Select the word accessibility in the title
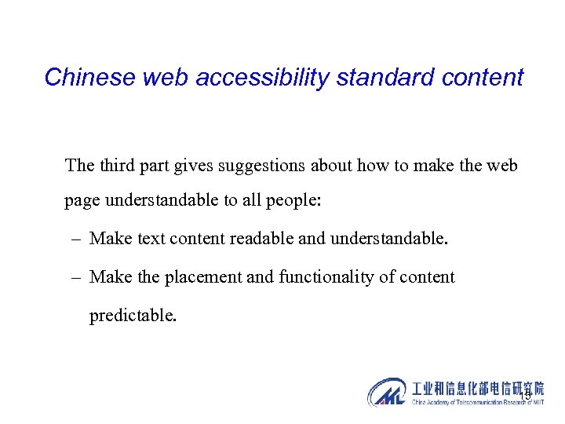(x=238, y=78)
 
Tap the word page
(x=82, y=200)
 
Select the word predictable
(x=133, y=316)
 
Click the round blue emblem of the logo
(x=388, y=392)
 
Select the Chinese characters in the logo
(x=477, y=388)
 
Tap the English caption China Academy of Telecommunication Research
(x=477, y=402)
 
